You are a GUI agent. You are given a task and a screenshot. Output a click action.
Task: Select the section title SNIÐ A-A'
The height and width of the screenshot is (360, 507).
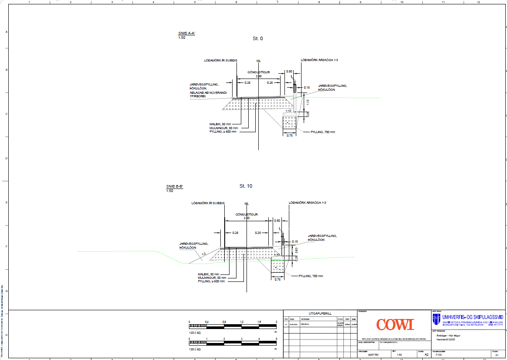pos(186,34)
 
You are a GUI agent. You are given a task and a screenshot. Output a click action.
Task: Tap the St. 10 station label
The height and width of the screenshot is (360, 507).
pos(246,186)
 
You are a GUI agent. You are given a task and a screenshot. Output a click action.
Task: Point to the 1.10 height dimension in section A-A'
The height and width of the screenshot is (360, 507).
pos(308,102)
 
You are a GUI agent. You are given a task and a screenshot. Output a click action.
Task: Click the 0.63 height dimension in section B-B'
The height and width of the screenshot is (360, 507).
pos(297,250)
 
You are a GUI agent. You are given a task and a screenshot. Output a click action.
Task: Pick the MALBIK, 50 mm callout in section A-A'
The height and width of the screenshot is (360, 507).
pos(220,124)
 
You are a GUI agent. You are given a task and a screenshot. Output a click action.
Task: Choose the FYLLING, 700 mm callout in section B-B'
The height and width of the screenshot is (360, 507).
pos(311,276)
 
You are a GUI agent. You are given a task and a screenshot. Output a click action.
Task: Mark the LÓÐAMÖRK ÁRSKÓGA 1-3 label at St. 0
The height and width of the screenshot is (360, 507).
pos(319,60)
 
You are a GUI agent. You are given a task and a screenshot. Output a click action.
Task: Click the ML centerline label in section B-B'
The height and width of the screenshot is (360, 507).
pos(247,204)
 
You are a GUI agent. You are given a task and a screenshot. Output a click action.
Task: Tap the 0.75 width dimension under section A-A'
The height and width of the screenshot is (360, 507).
pos(289,136)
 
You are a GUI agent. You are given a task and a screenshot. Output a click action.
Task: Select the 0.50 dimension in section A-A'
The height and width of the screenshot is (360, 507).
pos(289,71)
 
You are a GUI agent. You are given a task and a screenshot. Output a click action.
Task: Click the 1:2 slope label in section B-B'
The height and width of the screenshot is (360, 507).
pos(203,254)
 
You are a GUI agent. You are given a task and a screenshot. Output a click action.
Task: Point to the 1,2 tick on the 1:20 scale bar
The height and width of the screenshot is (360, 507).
pos(241,322)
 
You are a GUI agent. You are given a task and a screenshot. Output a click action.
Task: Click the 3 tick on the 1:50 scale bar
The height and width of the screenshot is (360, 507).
pos(241,339)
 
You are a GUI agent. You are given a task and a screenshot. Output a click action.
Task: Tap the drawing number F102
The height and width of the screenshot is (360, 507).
pos(438,355)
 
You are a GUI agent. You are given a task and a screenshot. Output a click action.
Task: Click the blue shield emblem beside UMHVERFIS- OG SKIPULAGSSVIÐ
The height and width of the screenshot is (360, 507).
pos(436,319)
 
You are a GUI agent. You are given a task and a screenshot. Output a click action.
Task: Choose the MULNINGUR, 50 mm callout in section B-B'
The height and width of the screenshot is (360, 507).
pos(212,278)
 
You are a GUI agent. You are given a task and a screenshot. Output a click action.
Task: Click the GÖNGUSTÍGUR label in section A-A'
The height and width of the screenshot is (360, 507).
pos(259,72)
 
